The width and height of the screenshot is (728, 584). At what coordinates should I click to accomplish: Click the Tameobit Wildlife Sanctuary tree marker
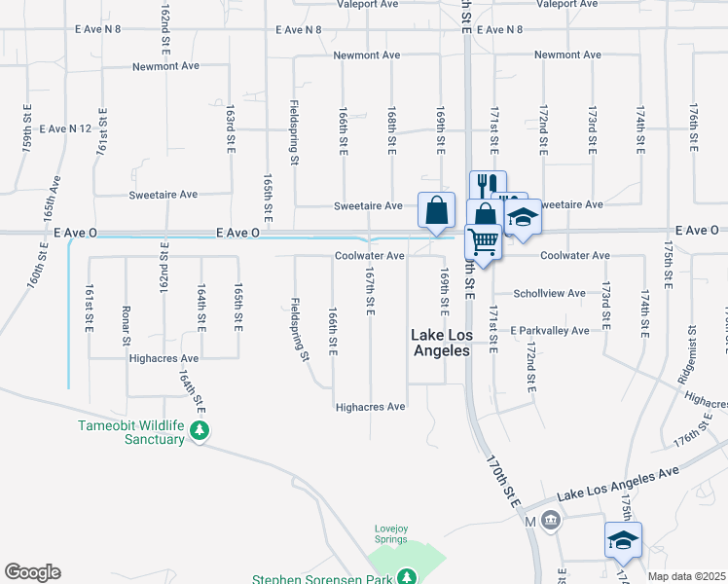pyautogui.click(x=200, y=429)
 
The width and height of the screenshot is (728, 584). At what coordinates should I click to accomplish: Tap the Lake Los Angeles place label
pyautogui.click(x=441, y=343)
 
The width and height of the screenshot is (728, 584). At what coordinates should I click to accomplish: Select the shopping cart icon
pyautogui.click(x=484, y=239)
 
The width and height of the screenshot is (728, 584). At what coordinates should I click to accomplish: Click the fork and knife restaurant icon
pyautogui.click(x=488, y=185)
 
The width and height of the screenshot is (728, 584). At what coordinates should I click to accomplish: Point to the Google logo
pyautogui.click(x=32, y=572)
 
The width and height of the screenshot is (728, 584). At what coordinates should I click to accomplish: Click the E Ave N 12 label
pyautogui.click(x=65, y=128)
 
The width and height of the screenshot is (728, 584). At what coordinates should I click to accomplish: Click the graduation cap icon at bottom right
pyautogui.click(x=623, y=541)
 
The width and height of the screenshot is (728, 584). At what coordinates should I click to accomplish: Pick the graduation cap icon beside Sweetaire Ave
pyautogui.click(x=523, y=216)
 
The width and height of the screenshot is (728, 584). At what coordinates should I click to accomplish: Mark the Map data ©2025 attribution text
pyautogui.click(x=686, y=576)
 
